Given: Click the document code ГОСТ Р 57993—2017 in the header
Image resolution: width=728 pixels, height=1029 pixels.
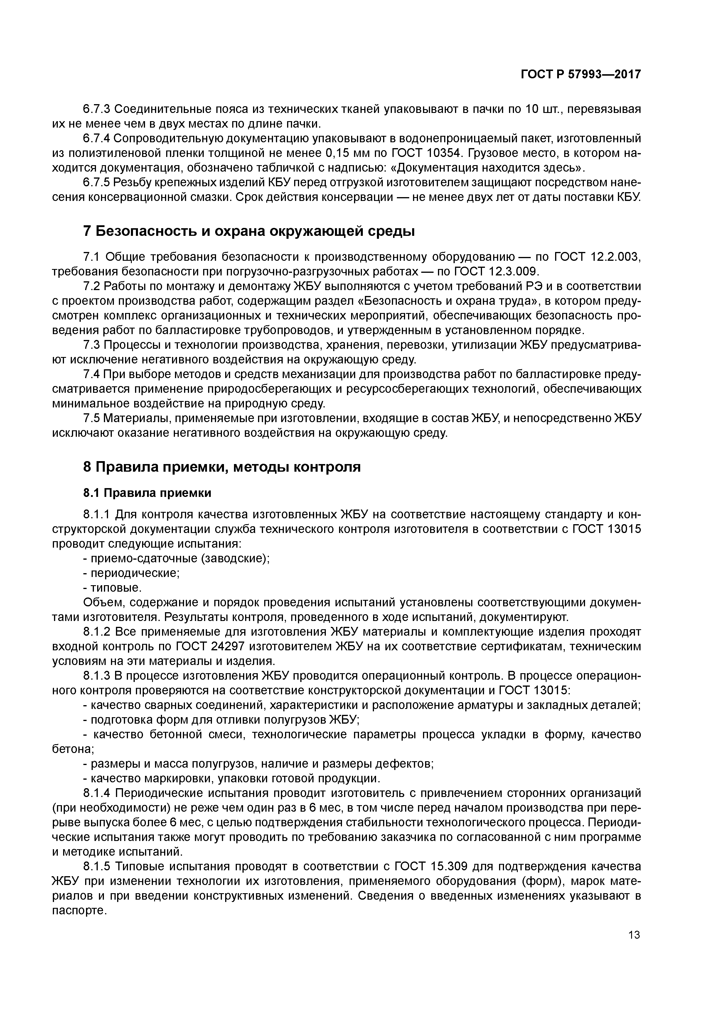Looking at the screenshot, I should [580, 75].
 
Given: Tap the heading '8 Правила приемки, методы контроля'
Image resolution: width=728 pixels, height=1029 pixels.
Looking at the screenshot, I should [222, 467].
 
